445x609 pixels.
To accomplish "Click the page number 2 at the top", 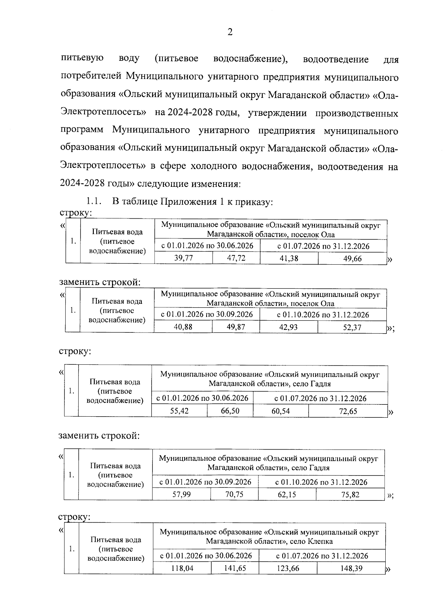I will pyautogui.click(x=230, y=33).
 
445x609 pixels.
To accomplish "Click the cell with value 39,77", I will pyautogui.click(x=184, y=258).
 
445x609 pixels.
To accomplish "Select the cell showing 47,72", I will pyautogui.click(x=236, y=258).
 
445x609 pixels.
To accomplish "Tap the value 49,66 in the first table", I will pyautogui.click(x=352, y=259).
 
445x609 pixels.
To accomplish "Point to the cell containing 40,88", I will pyautogui.click(x=183, y=327).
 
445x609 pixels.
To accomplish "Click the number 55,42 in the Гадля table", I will pyautogui.click(x=179, y=411).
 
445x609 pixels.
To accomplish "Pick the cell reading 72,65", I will pyautogui.click(x=348, y=411).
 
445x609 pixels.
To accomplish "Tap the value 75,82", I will pyautogui.click(x=350, y=494).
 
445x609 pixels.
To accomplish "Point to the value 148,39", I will pyautogui.click(x=351, y=568).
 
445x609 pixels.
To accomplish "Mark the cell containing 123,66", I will pyautogui.click(x=288, y=568).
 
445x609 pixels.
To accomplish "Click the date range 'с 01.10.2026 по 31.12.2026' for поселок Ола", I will pyautogui.click(x=323, y=315).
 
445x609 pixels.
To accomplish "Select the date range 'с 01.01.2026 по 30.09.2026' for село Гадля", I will pyautogui.click(x=205, y=482).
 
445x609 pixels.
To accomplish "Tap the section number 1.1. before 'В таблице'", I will pyautogui.click(x=93, y=202).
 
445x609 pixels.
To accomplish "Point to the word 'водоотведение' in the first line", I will pyautogui.click(x=336, y=59).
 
